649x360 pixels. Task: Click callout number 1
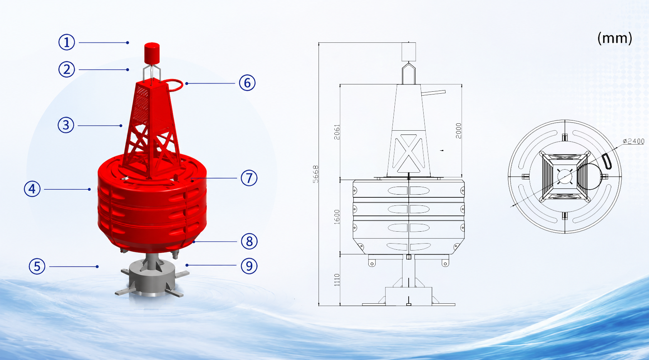(x=67, y=42)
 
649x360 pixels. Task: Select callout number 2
(x=67, y=69)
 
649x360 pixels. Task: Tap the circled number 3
(x=66, y=125)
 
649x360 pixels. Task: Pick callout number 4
(x=32, y=189)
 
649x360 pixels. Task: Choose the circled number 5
(x=37, y=266)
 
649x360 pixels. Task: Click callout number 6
(x=247, y=83)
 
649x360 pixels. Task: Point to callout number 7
(x=249, y=178)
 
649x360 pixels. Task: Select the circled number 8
(x=249, y=241)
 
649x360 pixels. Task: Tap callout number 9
(x=249, y=266)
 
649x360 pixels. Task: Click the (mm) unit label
(x=614, y=38)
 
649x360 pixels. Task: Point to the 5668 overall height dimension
(x=315, y=174)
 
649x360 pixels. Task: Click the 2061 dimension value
(x=337, y=132)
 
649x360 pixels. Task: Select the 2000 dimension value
(x=458, y=131)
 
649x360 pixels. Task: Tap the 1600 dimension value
(x=337, y=217)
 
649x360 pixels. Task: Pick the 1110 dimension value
(x=337, y=280)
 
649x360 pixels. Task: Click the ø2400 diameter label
(x=633, y=141)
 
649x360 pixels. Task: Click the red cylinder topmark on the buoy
(x=152, y=53)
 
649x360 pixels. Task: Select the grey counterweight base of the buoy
(x=152, y=277)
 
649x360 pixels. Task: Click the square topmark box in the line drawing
(x=409, y=52)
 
